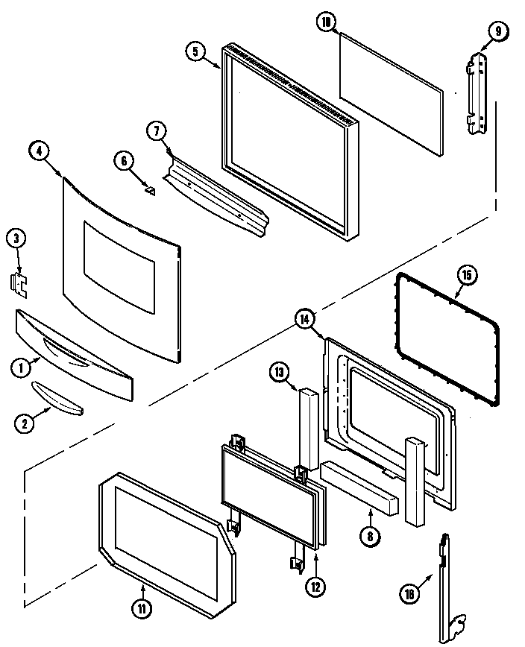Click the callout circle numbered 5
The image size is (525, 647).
tap(195, 52)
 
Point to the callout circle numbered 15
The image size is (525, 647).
tap(467, 276)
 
